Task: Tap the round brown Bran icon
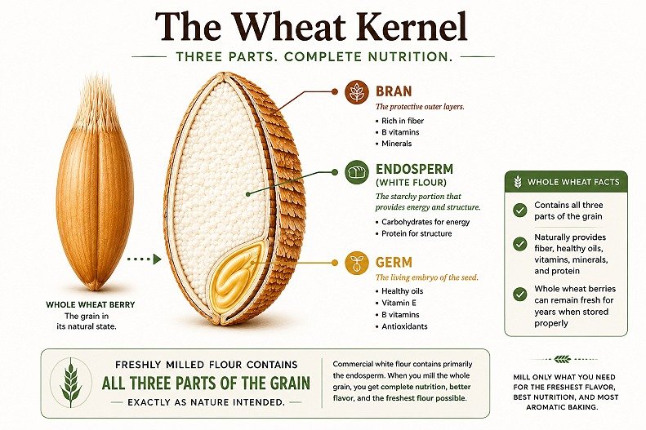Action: click(357, 91)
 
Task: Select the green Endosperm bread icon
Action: click(357, 171)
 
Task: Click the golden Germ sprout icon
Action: click(357, 262)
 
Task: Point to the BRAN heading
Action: click(394, 91)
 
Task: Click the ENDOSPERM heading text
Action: click(414, 169)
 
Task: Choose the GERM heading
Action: click(394, 262)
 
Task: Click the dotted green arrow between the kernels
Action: click(144, 259)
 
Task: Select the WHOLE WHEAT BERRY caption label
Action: click(90, 305)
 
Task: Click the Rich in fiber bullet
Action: click(403, 121)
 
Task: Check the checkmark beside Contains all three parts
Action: click(520, 211)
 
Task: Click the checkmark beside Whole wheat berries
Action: click(520, 295)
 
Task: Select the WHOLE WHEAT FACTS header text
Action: click(573, 182)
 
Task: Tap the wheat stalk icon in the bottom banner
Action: click(71, 383)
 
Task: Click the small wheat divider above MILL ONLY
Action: click(562, 359)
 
